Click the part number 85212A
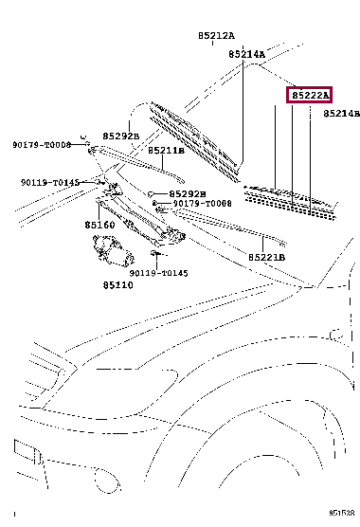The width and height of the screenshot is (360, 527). [x=216, y=35]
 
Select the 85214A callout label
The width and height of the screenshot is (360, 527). [x=247, y=54]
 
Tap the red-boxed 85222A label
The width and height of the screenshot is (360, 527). [x=309, y=95]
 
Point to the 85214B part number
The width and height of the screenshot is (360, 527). [x=342, y=114]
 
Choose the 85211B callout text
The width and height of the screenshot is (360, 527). [x=166, y=151]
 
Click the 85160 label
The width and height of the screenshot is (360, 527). [x=99, y=225]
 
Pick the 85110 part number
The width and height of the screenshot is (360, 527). [x=117, y=285]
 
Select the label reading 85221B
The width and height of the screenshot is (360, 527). [x=266, y=258]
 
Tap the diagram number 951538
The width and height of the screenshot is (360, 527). [x=342, y=513]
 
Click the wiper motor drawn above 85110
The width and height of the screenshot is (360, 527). [x=113, y=250]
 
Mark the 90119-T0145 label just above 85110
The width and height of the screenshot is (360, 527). [x=158, y=273]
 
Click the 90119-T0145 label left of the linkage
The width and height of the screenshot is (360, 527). [x=50, y=183]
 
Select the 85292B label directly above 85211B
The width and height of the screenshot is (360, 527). [x=121, y=136]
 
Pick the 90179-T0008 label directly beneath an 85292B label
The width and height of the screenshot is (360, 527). [x=202, y=204]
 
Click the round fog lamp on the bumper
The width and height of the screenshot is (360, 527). [x=107, y=480]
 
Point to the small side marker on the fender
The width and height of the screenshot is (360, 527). [x=336, y=336]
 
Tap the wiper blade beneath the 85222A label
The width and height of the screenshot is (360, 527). [x=291, y=202]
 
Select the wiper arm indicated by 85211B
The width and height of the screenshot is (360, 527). [x=136, y=164]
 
